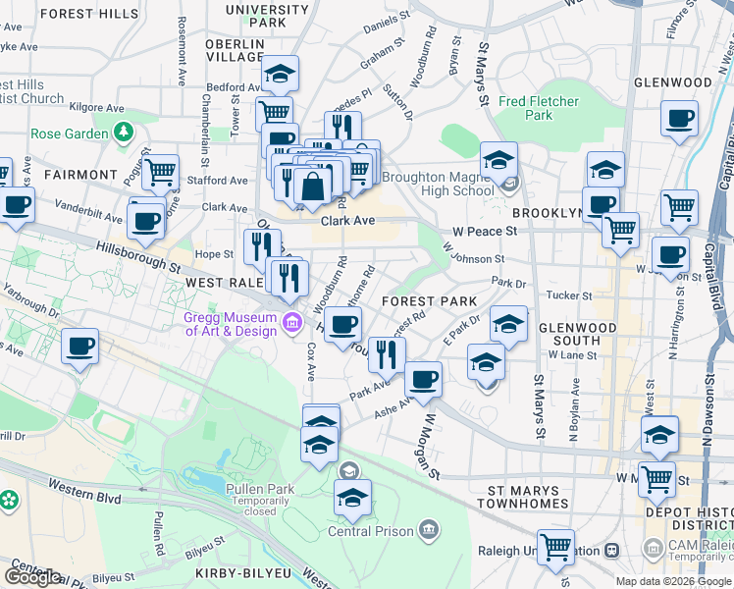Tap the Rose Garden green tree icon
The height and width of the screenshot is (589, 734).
124,132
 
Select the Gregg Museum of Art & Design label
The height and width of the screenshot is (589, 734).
231,324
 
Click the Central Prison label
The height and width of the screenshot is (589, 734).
370,532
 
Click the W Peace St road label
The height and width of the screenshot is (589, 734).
484,231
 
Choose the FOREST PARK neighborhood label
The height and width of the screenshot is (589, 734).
429,301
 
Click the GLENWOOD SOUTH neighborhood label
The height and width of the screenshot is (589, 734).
577,334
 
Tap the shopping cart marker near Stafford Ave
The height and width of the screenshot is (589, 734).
160,173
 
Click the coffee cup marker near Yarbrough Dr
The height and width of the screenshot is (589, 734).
79,346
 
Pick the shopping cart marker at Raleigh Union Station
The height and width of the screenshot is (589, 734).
555,546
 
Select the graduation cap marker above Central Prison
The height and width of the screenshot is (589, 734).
352,497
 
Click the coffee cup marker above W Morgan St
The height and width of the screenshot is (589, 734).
423,379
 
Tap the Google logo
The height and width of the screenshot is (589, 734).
32,577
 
